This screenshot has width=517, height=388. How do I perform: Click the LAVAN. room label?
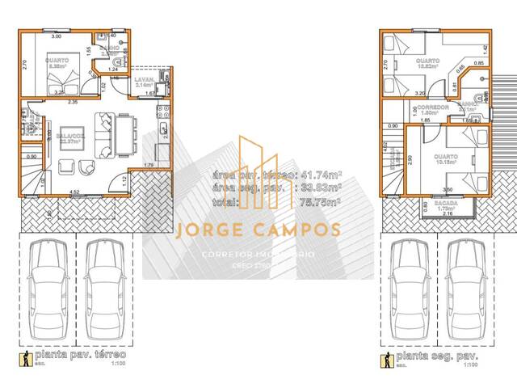(x=145, y=78)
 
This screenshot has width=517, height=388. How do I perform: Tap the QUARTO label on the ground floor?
(x=57, y=60)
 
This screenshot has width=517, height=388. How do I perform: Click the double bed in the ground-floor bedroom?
(x=61, y=80)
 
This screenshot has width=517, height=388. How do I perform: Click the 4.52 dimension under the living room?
(x=74, y=192)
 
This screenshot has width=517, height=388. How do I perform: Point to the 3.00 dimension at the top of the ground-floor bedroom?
(x=57, y=37)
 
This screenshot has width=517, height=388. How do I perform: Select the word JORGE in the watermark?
(x=208, y=231)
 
